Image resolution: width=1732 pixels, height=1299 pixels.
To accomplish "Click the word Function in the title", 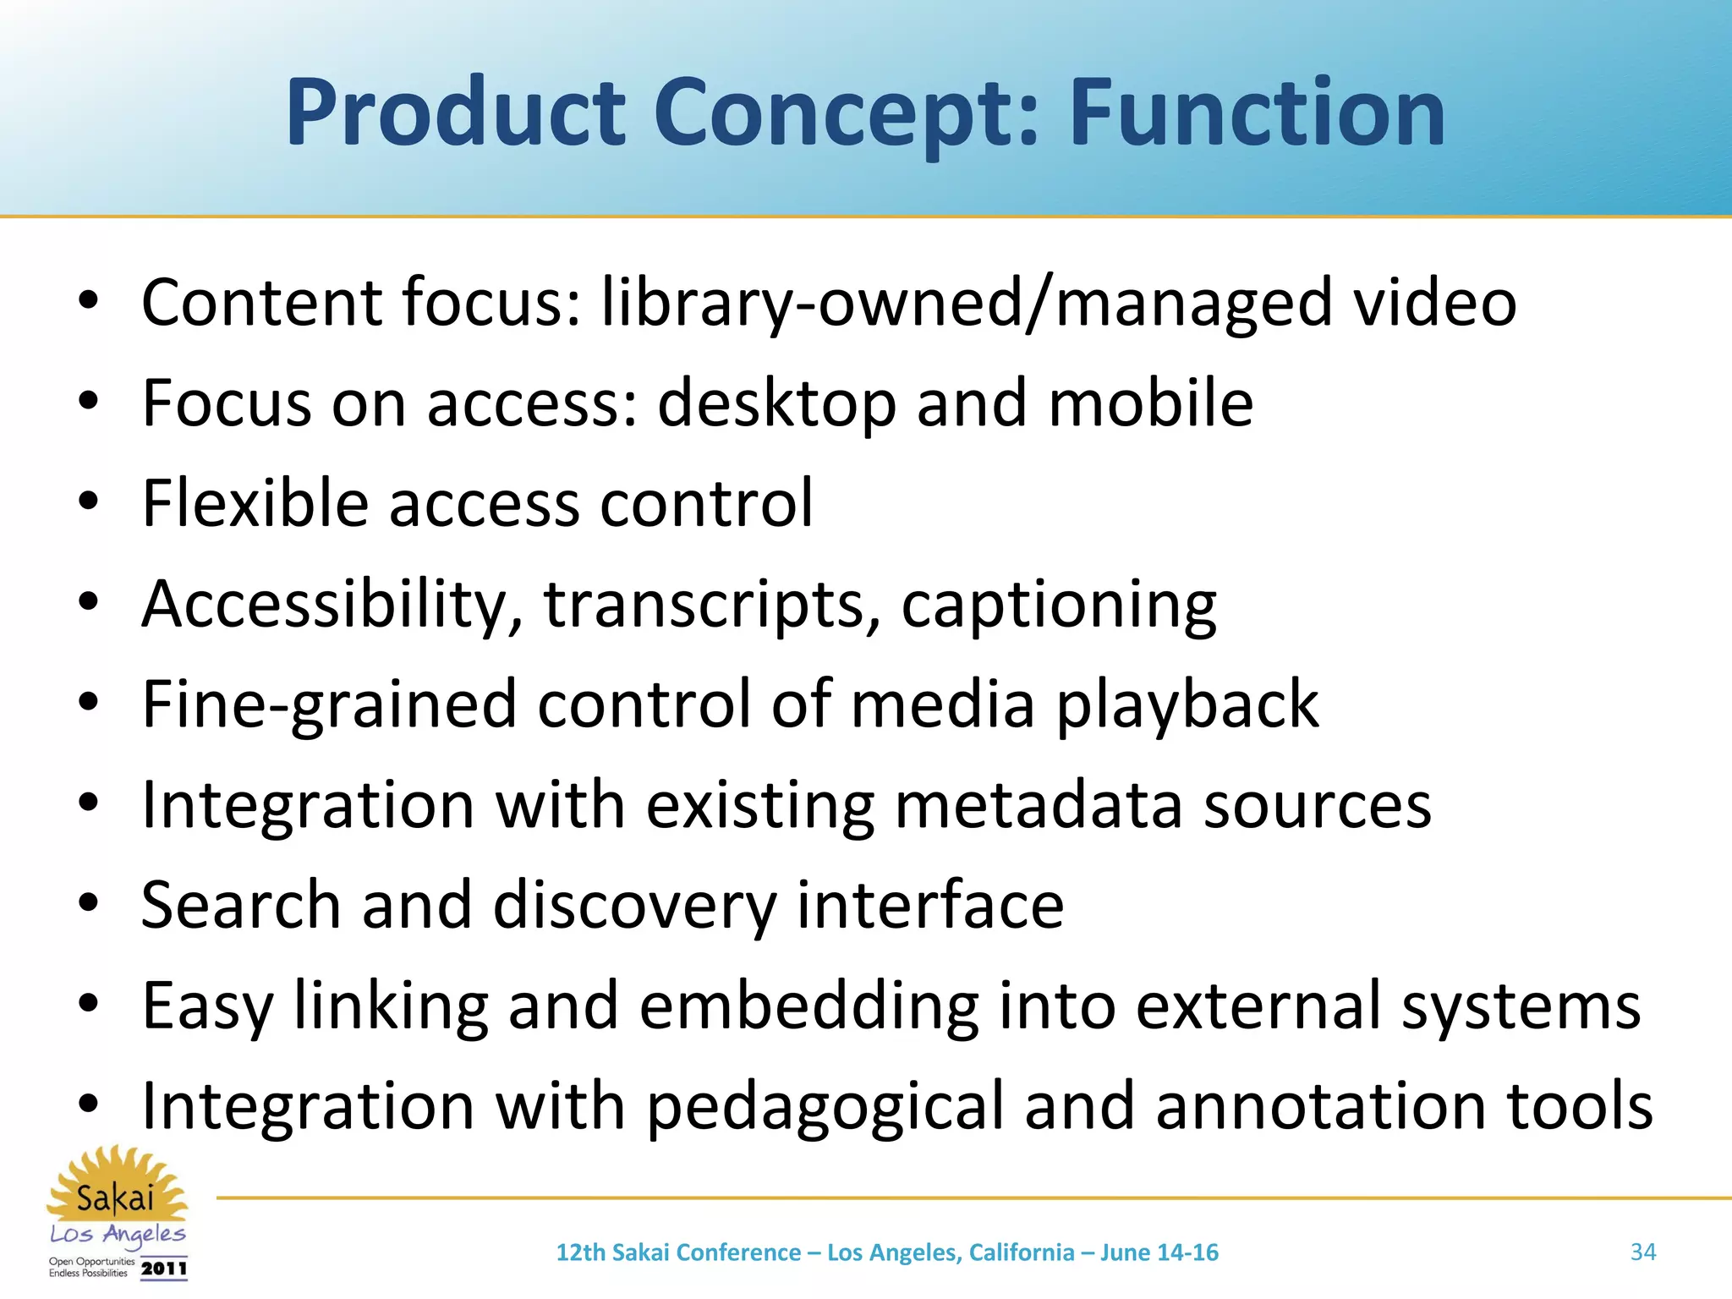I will click(x=1258, y=112).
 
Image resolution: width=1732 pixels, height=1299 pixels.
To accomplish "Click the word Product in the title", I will click(x=455, y=112).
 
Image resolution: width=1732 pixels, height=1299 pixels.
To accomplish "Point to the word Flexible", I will click(x=255, y=503).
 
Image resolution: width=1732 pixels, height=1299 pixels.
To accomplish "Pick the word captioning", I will click(x=1059, y=606).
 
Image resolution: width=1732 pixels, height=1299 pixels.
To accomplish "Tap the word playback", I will click(x=1187, y=704).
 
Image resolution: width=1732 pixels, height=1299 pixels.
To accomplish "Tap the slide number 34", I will click(x=1642, y=1252).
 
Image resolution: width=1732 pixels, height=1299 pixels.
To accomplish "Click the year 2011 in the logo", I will click(x=164, y=1269).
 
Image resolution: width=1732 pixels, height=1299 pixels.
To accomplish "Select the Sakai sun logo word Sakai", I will click(x=115, y=1198).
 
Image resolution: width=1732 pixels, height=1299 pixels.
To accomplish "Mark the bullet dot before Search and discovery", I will click(x=89, y=904).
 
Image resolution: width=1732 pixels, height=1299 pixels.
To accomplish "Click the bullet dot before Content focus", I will click(x=89, y=301).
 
